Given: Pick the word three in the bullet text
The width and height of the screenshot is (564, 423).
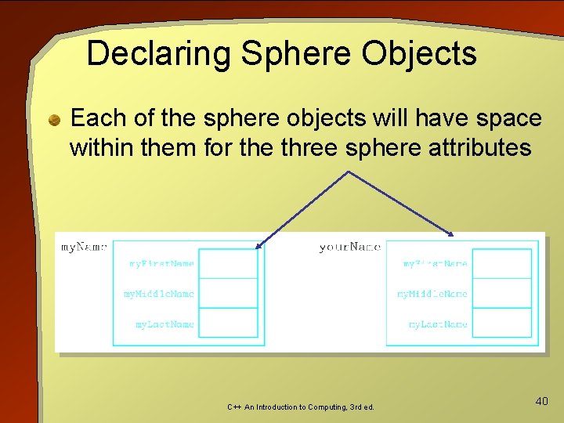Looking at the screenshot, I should coord(308,147).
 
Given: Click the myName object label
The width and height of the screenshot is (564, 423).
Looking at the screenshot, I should coord(83,248).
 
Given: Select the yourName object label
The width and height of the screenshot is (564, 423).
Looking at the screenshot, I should coord(349,248).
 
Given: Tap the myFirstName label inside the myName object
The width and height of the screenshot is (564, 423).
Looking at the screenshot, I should coord(161,264).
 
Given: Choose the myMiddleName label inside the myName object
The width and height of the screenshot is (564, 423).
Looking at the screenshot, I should coord(159,294).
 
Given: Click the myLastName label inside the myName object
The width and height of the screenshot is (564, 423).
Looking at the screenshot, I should coord(164,324).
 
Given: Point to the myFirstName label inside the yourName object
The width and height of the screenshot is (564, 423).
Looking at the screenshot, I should coord(435,264).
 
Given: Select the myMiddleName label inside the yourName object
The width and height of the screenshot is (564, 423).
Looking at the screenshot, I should coord(432,294).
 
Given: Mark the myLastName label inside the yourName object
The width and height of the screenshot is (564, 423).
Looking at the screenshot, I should coord(438,324).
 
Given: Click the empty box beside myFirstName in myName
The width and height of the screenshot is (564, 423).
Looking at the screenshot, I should coord(228,263).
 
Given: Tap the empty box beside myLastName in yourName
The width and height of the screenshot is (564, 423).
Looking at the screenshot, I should coord(502,323).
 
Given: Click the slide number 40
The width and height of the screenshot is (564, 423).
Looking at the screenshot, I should coord(541,401).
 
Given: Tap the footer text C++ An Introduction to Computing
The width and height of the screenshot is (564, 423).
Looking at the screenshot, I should coord(301,407).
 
